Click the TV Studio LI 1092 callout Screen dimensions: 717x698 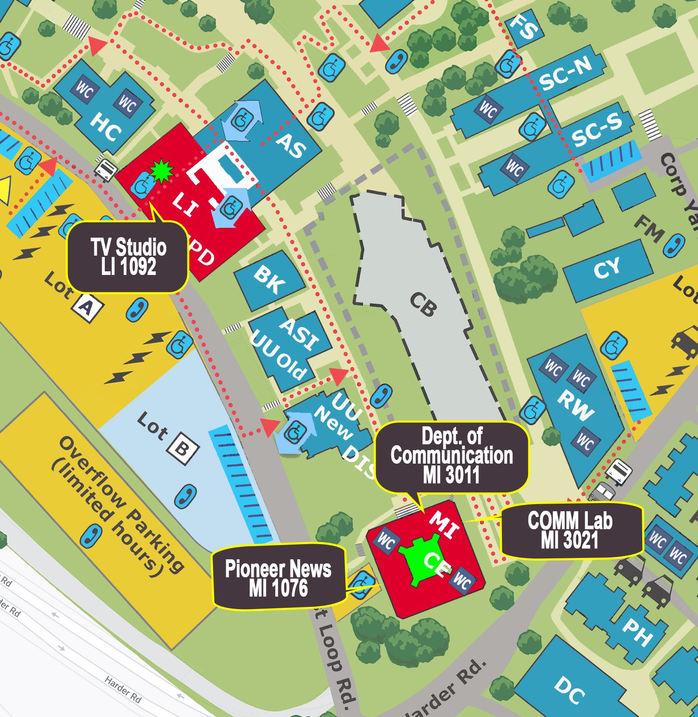point(128,257)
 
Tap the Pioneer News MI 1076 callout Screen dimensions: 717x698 point(278,578)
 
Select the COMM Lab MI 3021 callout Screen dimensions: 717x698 point(570,531)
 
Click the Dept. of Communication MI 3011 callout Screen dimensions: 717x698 point(452,456)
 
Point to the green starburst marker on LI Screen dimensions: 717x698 point(161,171)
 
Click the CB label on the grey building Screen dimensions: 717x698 point(423,305)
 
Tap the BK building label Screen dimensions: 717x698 point(269,279)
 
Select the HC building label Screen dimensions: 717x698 point(106,127)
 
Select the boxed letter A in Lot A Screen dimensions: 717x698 point(87,308)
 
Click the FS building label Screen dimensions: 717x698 point(524,27)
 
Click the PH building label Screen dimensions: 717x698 point(637,632)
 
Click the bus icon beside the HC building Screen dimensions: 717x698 point(106,170)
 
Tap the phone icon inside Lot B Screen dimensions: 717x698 point(185,496)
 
